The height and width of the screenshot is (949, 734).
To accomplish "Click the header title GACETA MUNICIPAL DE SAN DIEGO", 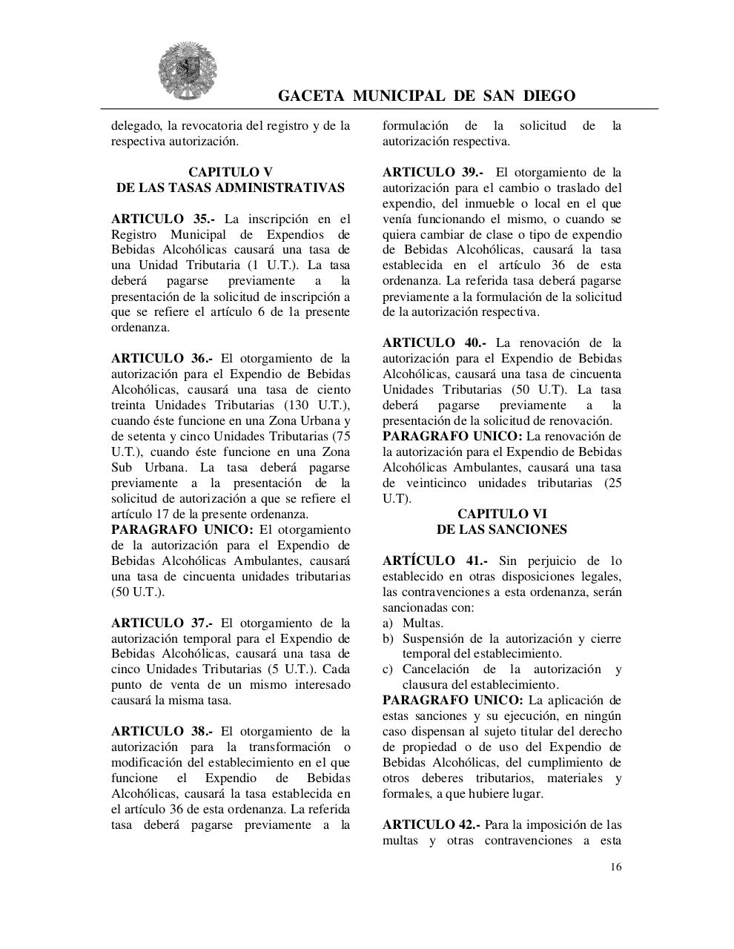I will coord(426,96).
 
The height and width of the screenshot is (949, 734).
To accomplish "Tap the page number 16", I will coord(616,867).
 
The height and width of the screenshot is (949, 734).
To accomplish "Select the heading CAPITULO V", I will coord(230,172).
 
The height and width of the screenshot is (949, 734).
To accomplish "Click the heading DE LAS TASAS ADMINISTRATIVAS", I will coord(230,188).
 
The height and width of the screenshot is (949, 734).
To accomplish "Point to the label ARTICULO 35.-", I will coord(163,219).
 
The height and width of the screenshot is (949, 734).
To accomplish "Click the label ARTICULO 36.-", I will coord(163,358).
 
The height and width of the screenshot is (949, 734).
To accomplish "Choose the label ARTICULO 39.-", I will coord(434,172).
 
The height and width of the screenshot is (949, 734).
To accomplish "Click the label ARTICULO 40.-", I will coord(434,343).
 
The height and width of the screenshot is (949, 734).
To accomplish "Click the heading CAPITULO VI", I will coord(502,514).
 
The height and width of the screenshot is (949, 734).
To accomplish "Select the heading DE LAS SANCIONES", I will coord(502,529).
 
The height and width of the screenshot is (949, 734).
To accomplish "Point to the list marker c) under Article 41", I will coord(387,669).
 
